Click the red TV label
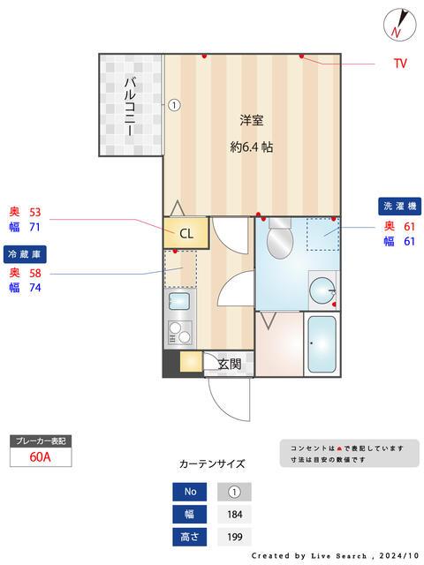(x=400, y=64)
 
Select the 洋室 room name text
(x=252, y=120)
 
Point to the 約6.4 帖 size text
(x=252, y=147)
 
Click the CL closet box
(x=185, y=234)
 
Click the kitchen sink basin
(x=179, y=305)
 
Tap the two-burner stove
(x=179, y=335)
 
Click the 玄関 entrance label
(x=230, y=363)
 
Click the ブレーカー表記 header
(x=41, y=440)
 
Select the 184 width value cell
(x=234, y=514)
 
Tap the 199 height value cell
(x=234, y=536)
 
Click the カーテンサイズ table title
(x=212, y=463)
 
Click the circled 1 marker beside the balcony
(x=174, y=104)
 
